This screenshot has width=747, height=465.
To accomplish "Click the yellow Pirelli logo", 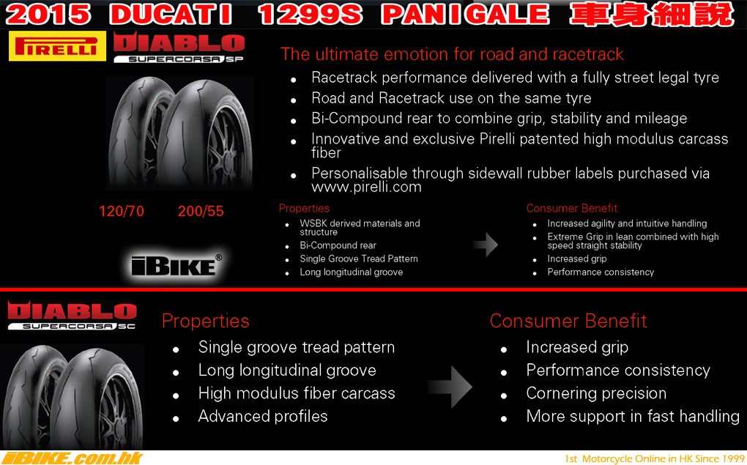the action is [58, 46].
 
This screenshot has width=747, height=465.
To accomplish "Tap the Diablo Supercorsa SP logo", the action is [179, 48].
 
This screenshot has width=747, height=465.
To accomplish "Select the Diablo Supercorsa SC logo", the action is [73, 316].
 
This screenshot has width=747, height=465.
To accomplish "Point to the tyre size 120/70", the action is [122, 211].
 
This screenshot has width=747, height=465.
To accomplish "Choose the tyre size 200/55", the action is [201, 211].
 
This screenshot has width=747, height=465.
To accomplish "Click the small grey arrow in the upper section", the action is [486, 245].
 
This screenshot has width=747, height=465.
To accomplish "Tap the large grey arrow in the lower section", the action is [450, 387].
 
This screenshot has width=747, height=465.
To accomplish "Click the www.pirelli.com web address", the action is [366, 187].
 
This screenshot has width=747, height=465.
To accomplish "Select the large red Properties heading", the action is [205, 321].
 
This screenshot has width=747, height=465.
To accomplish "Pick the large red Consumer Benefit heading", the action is [568, 321].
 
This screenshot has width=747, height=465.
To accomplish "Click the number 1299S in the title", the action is [310, 14].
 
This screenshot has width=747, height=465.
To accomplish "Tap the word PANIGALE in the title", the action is [466, 14].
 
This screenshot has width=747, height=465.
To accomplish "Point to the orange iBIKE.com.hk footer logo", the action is [73, 458].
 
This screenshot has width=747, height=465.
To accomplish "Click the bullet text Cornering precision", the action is [596, 393].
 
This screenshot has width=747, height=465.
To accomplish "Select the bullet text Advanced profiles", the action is [263, 417].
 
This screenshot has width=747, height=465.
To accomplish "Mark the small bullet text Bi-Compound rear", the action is [338, 245].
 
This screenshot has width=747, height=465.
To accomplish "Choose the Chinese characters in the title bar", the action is [651, 14].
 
